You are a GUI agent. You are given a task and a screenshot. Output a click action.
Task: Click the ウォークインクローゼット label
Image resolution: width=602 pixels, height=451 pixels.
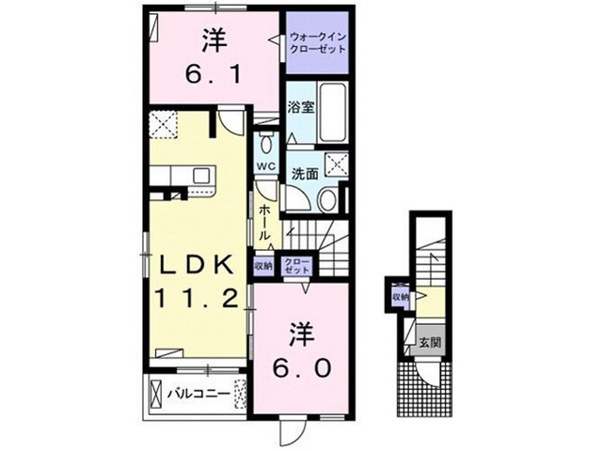click(318, 42)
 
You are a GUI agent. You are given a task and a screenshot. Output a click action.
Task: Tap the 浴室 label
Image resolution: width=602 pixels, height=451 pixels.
click(300, 108)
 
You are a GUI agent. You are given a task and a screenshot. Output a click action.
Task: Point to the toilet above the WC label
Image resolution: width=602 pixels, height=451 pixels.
click(267, 144)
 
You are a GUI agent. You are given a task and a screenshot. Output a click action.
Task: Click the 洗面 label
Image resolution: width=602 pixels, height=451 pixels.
click(304, 173)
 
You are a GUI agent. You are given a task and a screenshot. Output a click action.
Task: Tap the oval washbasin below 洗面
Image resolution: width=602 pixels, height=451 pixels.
click(326, 198)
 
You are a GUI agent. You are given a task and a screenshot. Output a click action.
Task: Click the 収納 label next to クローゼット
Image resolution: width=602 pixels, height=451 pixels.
click(262, 265)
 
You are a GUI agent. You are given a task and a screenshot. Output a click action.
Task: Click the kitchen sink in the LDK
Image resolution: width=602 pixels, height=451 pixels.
click(201, 176)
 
